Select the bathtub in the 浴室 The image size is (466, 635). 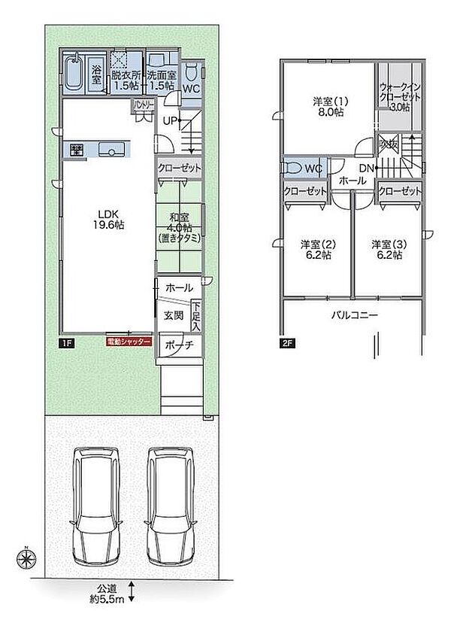click(x=73, y=74)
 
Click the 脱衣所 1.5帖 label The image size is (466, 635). click(x=126, y=81)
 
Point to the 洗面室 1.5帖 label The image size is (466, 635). click(x=162, y=81)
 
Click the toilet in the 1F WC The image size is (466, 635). click(x=192, y=74)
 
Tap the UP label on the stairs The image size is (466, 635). click(x=170, y=120)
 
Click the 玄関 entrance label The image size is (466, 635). click(x=174, y=316)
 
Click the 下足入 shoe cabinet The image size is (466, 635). click(x=196, y=316)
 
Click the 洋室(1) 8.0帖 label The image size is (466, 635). click(x=328, y=106)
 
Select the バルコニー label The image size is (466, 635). click(x=355, y=315)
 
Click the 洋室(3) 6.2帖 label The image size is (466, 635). click(x=387, y=250)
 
